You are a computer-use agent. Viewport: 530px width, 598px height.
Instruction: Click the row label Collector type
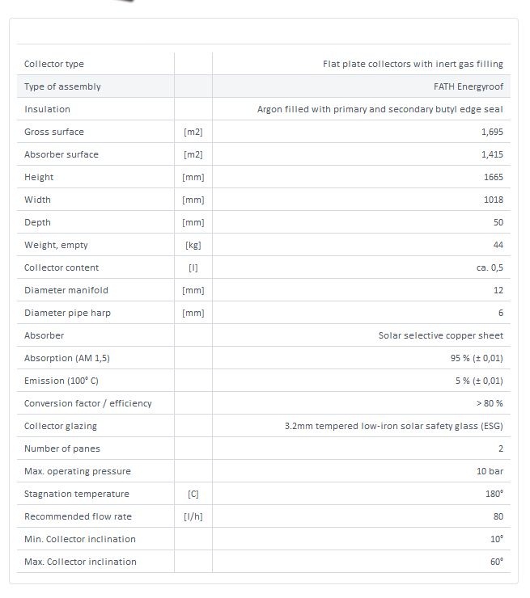pyautogui.click(x=54, y=64)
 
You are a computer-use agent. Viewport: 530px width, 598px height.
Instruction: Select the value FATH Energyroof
pyautogui.click(x=469, y=86)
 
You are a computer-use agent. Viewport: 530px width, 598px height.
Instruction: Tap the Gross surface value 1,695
pyautogui.click(x=492, y=132)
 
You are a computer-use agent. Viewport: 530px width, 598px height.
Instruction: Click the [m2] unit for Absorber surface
pyautogui.click(x=193, y=154)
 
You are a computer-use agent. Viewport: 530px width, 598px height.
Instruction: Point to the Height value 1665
pyautogui.click(x=493, y=177)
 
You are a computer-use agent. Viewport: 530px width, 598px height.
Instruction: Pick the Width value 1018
pyautogui.click(x=493, y=200)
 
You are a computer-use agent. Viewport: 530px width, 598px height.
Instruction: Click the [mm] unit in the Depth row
pyautogui.click(x=193, y=222)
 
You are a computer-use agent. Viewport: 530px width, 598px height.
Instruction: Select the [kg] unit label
pyautogui.click(x=193, y=245)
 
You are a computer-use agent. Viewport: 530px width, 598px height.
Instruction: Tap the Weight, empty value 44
pyautogui.click(x=498, y=245)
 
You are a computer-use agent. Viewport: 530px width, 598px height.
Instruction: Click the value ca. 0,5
pyautogui.click(x=490, y=267)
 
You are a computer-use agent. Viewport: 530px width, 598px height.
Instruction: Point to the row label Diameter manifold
pyautogui.click(x=66, y=290)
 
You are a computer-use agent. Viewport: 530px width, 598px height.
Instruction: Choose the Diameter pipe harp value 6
pyautogui.click(x=501, y=313)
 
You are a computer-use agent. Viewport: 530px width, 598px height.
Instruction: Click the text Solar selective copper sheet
pyautogui.click(x=441, y=335)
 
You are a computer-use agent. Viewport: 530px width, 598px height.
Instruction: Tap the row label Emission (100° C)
pyautogui.click(x=61, y=381)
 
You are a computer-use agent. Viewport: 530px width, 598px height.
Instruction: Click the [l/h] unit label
pyautogui.click(x=193, y=516)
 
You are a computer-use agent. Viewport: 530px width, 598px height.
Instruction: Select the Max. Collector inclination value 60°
pyautogui.click(x=497, y=562)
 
